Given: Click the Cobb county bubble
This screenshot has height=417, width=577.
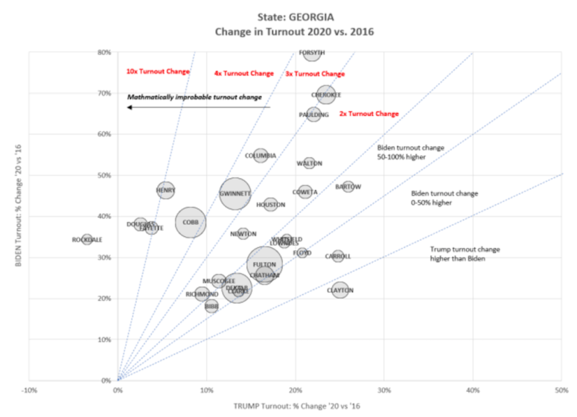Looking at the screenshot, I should [191, 222].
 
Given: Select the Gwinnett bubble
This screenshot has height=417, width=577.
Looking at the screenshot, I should [235, 194].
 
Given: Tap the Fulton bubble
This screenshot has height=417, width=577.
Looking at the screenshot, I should [264, 264].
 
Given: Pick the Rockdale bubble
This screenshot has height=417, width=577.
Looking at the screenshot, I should [87, 240].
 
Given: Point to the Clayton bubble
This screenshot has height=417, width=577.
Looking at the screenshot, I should [340, 290].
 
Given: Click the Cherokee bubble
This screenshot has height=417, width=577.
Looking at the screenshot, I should [325, 95].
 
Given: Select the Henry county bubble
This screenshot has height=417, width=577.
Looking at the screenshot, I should [166, 191].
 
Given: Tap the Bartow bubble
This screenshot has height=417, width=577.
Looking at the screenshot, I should [348, 187].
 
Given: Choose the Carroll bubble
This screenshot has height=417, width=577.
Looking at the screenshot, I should [338, 256].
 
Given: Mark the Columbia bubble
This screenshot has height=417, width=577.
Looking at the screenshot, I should [261, 156].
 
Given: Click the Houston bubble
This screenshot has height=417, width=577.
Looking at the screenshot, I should [271, 204].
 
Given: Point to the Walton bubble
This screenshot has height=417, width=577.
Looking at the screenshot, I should [309, 163].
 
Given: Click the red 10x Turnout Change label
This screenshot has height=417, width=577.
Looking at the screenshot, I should [158, 71].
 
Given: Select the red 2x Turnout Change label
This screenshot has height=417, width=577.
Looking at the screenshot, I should [369, 114].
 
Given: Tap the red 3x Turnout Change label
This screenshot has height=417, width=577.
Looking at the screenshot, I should [315, 74].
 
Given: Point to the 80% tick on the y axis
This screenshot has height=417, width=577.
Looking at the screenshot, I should [104, 52].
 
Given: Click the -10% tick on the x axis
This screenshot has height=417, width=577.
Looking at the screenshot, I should [29, 389].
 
